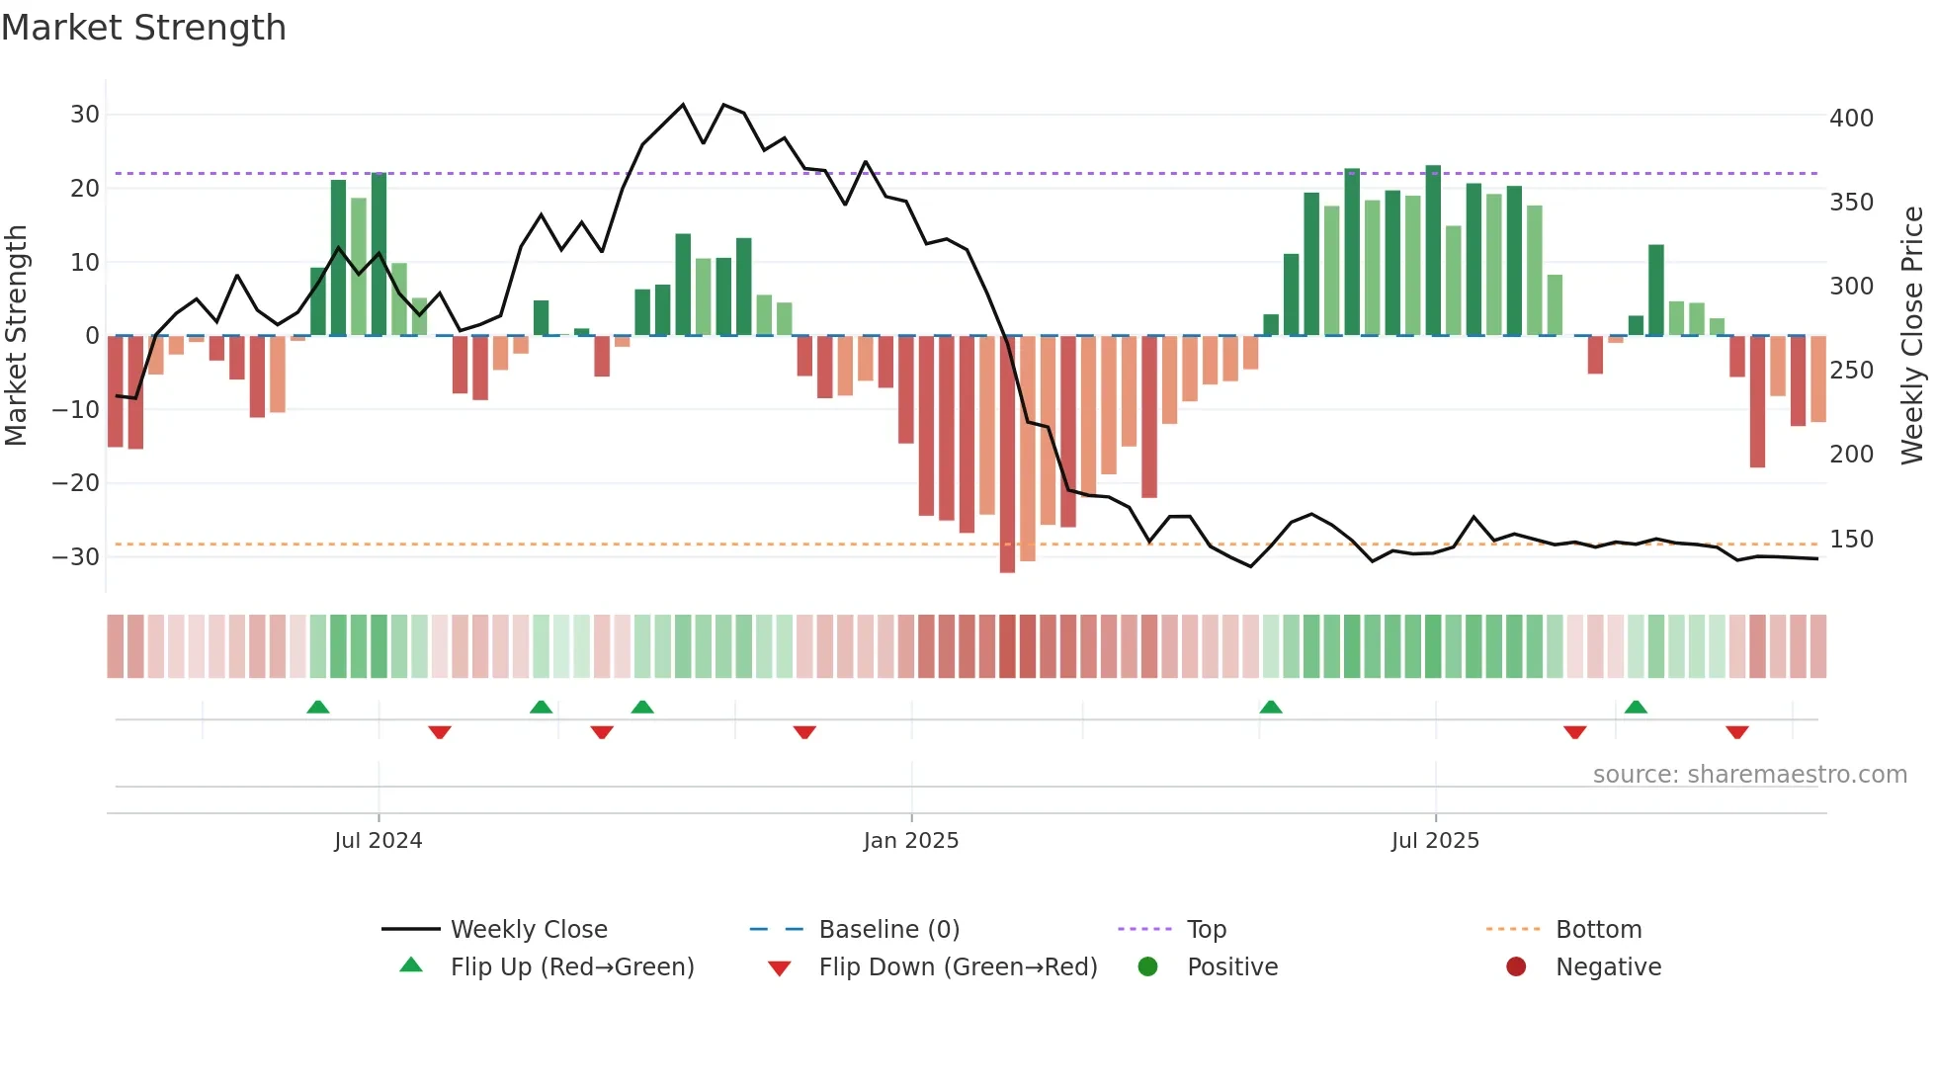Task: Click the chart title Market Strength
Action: (x=143, y=28)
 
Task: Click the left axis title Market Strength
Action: (x=17, y=335)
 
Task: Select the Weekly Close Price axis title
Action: (x=1912, y=335)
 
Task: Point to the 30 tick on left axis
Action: (x=85, y=115)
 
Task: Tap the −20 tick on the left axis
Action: (x=76, y=483)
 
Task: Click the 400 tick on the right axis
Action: (x=1851, y=119)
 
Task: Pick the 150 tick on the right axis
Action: (x=1851, y=540)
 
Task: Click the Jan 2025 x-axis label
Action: (x=910, y=841)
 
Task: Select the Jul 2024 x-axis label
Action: (x=378, y=841)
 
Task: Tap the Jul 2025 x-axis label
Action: (x=1435, y=841)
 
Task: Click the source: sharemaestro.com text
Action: (x=1749, y=775)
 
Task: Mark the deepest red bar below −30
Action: (x=1007, y=455)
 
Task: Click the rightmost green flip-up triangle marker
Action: (x=1636, y=708)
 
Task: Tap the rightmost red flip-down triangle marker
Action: (x=1737, y=732)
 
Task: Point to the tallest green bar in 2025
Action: (x=1433, y=251)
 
